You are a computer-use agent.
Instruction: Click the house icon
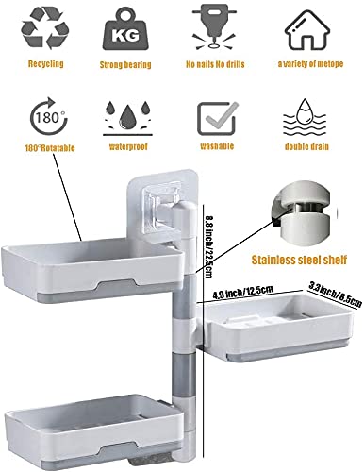[308, 29]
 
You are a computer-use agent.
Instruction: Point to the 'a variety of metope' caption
[308, 65]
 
